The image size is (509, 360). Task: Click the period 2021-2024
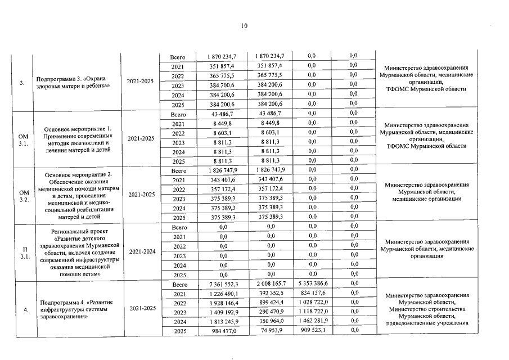tap(142, 251)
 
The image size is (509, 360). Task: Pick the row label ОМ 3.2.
tap(22, 195)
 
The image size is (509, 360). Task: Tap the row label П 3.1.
tap(22, 252)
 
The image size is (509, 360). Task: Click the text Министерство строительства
tap(426, 309)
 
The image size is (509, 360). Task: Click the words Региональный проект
tap(78, 231)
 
